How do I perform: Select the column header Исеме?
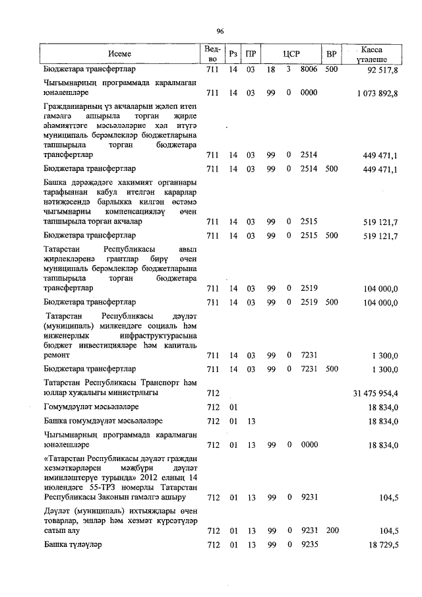coord(120,53)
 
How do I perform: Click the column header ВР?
coord(332,53)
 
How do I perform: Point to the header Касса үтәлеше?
coord(371,53)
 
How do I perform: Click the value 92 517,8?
coord(380,69)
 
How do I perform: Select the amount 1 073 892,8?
coord(377,94)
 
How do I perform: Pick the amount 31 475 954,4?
coord(377,393)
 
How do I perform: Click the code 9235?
coord(309,545)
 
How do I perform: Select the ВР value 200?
coord(331,530)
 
